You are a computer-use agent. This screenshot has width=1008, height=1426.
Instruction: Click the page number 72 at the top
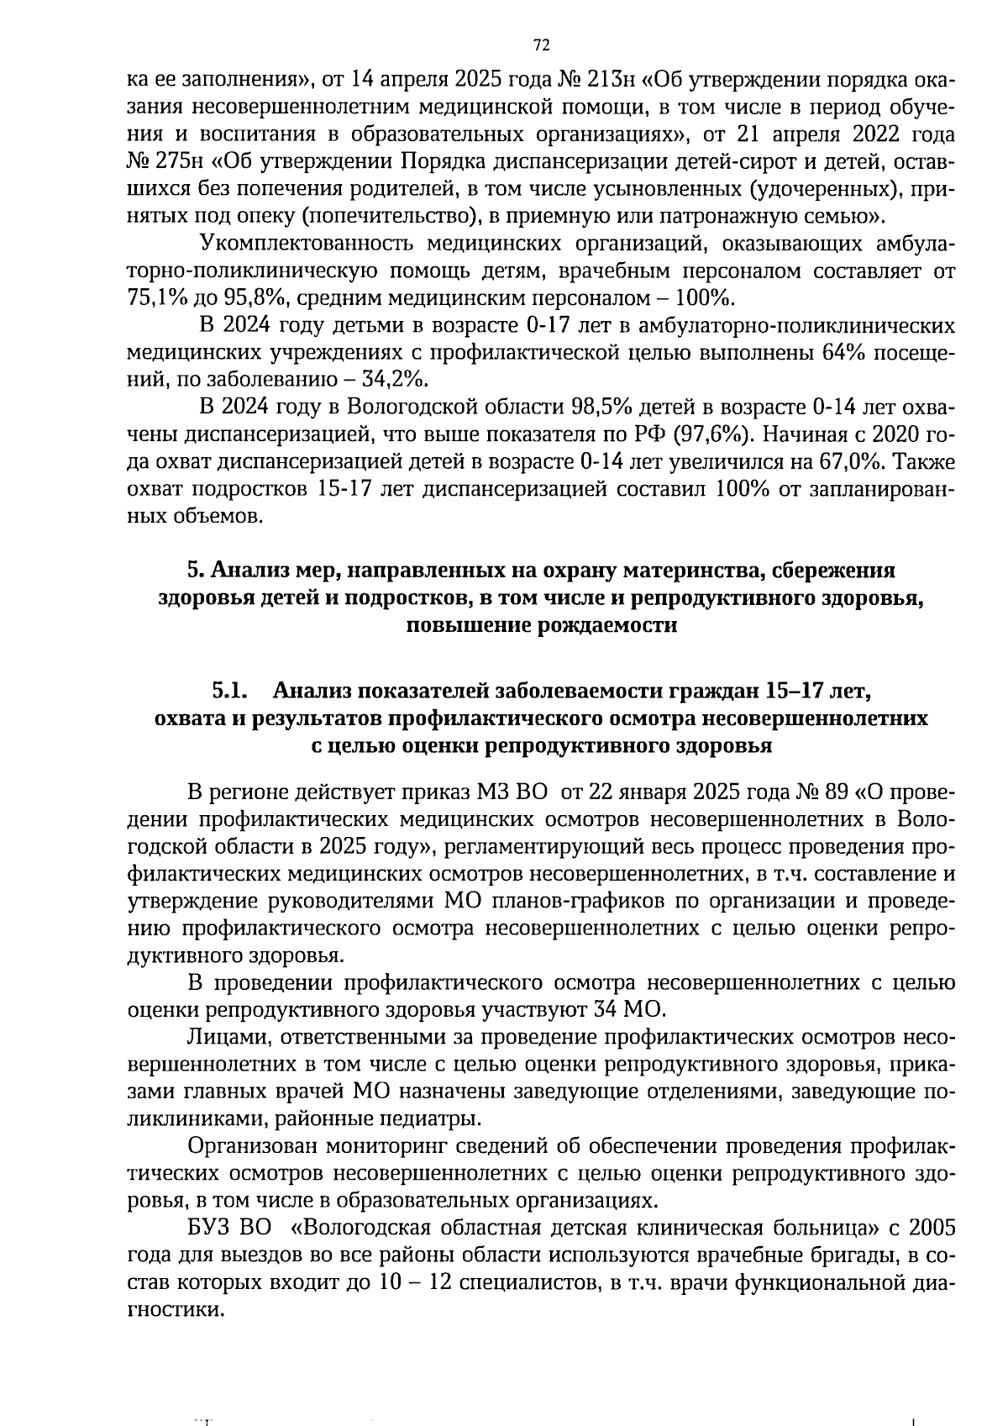[540, 45]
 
